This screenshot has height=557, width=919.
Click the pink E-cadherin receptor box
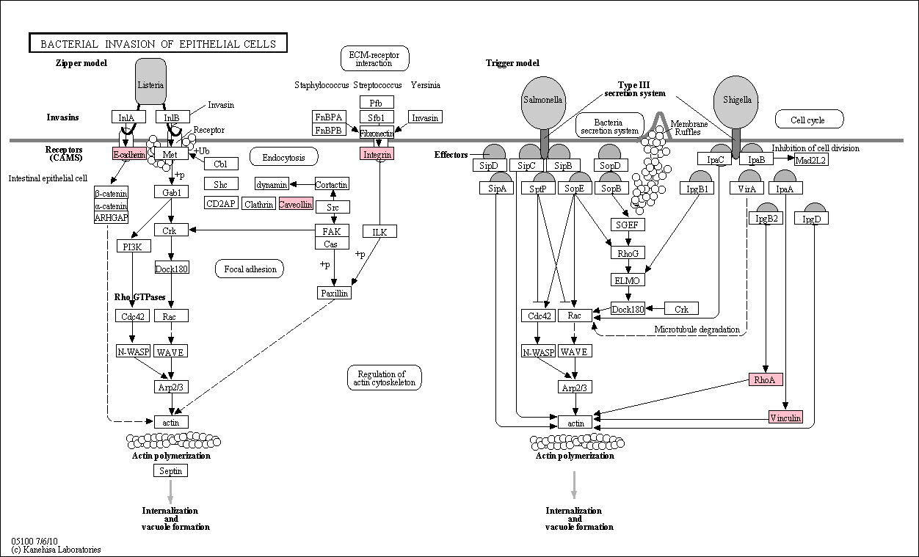click(129, 154)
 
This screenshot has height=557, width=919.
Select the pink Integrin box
click(377, 154)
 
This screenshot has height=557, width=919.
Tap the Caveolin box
click(295, 204)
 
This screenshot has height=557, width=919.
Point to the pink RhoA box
click(766, 379)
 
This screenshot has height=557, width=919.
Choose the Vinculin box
click(785, 417)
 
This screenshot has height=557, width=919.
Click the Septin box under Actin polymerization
click(171, 470)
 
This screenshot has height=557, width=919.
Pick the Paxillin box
click(335, 293)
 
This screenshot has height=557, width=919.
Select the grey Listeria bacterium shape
click(150, 81)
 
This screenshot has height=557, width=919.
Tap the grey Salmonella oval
click(543, 103)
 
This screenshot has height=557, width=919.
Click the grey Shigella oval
click(736, 102)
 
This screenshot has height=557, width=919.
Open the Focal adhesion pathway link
click(250, 269)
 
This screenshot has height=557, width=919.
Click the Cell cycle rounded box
click(810, 120)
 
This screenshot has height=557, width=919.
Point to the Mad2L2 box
click(811, 159)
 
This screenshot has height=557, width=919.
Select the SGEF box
click(628, 225)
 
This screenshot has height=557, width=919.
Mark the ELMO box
click(628, 280)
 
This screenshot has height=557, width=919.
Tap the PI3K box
click(134, 246)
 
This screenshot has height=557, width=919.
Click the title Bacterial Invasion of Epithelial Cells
click(158, 43)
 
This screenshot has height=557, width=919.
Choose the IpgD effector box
click(811, 219)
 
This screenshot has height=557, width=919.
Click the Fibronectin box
click(377, 133)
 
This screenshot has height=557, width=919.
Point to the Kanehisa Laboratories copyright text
click(57, 550)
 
